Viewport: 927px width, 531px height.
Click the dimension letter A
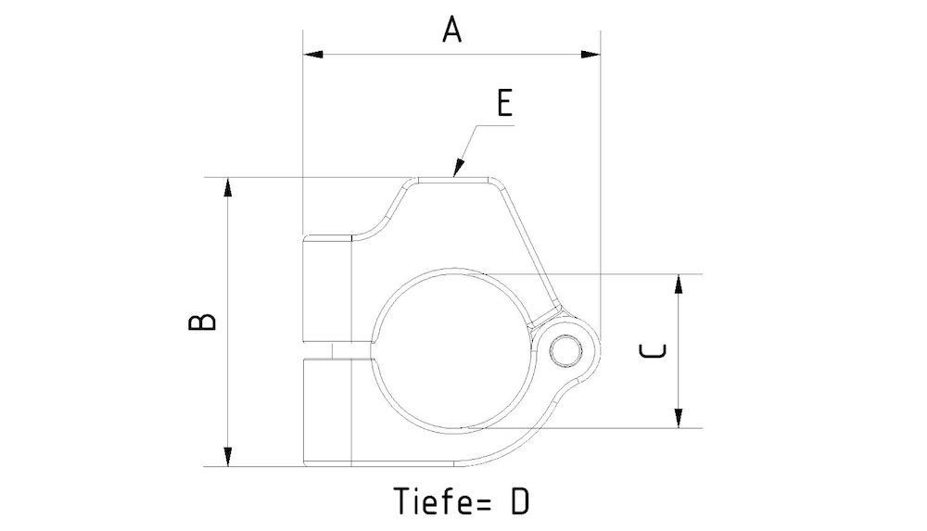(451, 31)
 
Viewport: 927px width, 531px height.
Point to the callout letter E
(503, 103)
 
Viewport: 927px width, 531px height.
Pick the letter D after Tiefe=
(519, 501)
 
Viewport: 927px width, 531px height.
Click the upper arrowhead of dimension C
(679, 285)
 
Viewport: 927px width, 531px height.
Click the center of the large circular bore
(454, 349)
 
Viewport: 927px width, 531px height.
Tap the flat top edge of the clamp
(454, 179)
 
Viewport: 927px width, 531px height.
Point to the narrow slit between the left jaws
(328, 349)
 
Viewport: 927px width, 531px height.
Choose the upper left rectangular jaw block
(328, 290)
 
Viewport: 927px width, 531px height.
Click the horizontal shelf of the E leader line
(495, 124)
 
